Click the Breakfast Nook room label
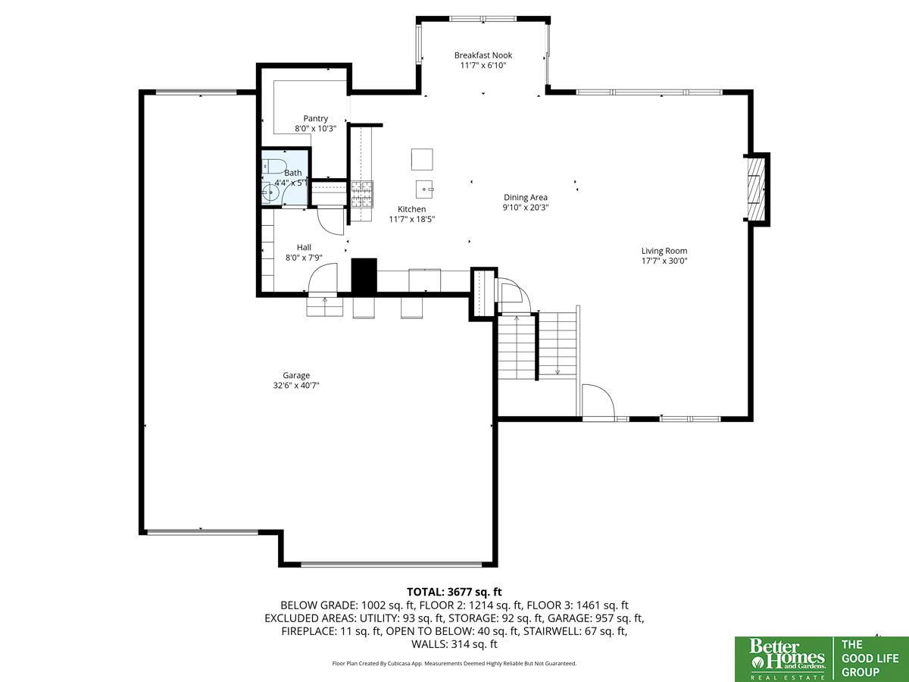pos(483,55)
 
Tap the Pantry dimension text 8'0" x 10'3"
pos(315,128)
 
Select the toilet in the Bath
pos(273,166)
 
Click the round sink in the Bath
pos(270,192)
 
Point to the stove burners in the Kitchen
pos(362,194)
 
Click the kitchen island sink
pos(424,189)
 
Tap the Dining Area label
pos(525,198)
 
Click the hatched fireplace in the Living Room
pos(756,189)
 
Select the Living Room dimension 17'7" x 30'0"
pos(664,261)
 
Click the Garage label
pos(296,376)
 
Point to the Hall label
pos(304,247)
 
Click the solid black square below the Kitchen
pos(364,276)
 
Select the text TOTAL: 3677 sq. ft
pos(454,592)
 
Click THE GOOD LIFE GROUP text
pos(870,658)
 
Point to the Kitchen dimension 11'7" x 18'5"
pos(411,219)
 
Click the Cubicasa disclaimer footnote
pos(454,663)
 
